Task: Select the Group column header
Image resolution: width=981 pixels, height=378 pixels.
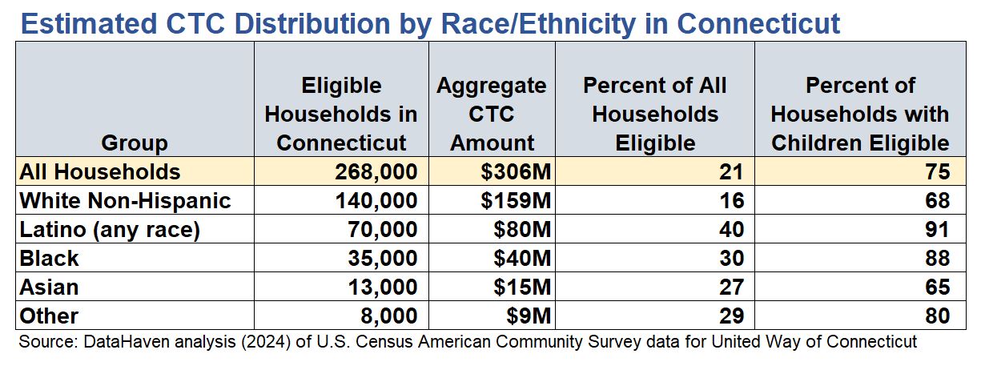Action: (x=135, y=143)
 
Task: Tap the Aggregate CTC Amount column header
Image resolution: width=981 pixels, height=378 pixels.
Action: (x=492, y=114)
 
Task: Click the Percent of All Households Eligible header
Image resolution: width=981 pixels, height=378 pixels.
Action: (x=655, y=114)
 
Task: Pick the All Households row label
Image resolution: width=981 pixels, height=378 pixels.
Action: (x=100, y=172)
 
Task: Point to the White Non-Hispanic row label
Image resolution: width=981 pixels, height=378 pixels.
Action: (x=125, y=201)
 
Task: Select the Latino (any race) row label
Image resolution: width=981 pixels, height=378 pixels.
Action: (x=109, y=230)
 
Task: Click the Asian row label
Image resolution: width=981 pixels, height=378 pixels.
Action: (x=49, y=287)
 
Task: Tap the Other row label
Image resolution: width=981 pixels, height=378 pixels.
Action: (x=48, y=316)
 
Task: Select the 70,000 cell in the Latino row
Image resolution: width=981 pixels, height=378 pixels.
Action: (x=380, y=230)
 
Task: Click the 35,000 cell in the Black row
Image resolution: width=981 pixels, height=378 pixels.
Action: (x=380, y=258)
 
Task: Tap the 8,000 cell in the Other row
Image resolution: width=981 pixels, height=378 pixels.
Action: (x=388, y=316)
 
